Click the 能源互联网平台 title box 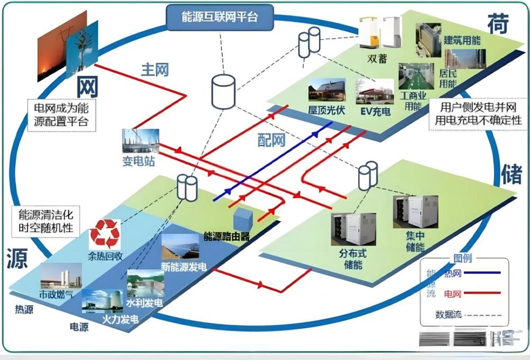point(220,17)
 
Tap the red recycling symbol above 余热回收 point(105,233)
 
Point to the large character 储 point(511,174)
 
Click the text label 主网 point(155,69)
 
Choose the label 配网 point(271,140)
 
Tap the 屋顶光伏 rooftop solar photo point(326,90)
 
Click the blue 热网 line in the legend point(482,274)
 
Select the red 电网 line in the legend point(482,293)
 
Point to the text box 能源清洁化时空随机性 point(46,223)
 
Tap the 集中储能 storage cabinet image point(415,212)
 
